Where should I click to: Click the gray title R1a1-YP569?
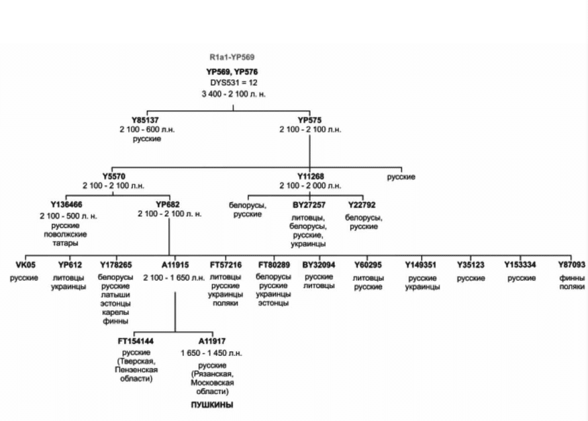click(232, 58)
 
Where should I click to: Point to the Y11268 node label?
click(309, 177)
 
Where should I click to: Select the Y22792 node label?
click(363, 205)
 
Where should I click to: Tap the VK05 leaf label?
click(24, 265)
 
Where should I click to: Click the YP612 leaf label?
click(69, 265)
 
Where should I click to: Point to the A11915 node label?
click(175, 265)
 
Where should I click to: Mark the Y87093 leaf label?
click(571, 265)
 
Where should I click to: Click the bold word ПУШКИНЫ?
click(213, 405)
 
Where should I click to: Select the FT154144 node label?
click(136, 341)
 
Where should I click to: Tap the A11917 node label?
click(212, 341)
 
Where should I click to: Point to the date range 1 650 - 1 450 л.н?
click(212, 353)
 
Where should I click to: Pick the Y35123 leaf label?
click(471, 265)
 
